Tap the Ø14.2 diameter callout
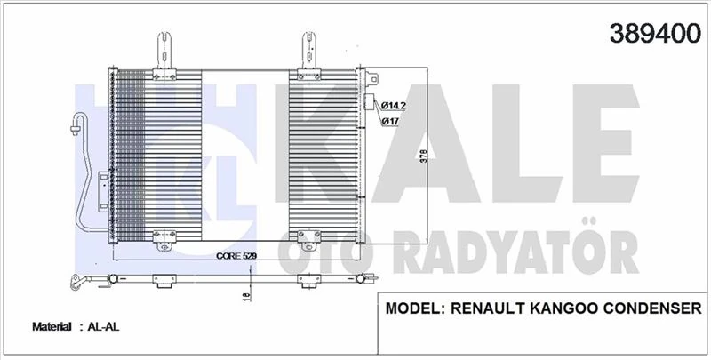tap(394, 105)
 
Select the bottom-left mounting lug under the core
tap(164, 238)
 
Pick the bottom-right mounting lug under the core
tap(308, 238)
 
